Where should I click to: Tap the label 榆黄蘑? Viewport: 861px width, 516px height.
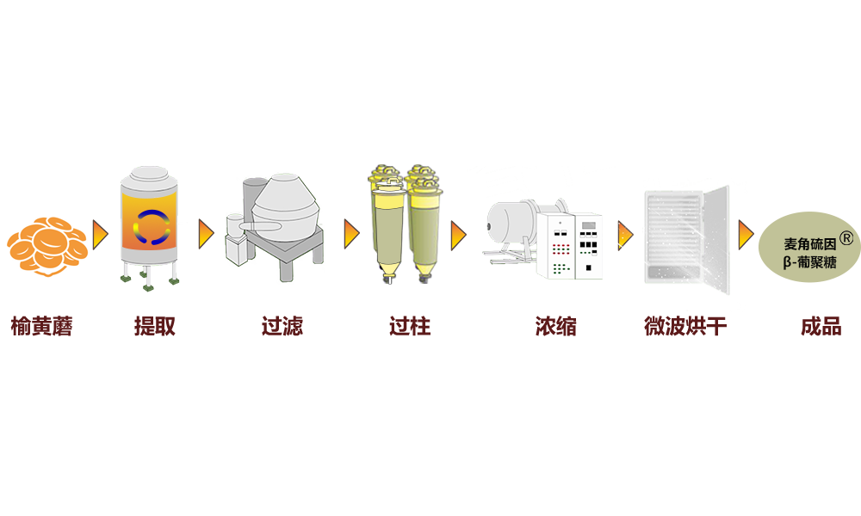click(41, 327)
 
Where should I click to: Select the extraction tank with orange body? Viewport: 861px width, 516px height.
click(153, 229)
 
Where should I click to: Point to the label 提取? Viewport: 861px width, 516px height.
click(155, 327)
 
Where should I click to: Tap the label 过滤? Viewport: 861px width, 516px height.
click(282, 327)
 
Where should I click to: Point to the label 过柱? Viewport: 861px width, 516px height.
click(409, 327)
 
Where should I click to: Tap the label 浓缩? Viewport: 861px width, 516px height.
click(555, 327)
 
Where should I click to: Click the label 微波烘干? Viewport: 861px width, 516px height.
click(685, 327)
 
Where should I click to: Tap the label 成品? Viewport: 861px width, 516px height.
click(820, 327)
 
